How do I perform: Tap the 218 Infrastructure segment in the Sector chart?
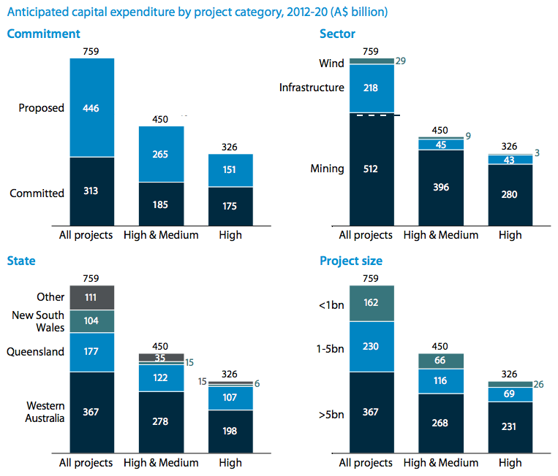tap(372, 88)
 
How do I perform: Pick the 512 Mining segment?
tap(372, 169)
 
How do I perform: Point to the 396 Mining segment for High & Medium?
tap(440, 187)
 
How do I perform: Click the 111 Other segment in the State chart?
tap(91, 297)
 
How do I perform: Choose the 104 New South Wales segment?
tap(91, 321)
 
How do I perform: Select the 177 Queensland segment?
tap(91, 352)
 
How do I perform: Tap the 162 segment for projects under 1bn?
tap(372, 303)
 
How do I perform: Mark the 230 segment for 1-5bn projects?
tap(372, 346)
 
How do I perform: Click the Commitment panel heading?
tap(43, 34)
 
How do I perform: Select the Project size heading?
tap(351, 261)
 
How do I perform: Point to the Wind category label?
tap(331, 64)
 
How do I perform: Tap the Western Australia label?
tap(45, 412)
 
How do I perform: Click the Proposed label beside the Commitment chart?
tap(42, 108)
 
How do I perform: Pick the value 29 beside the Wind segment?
tap(401, 61)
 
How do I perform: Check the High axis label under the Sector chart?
tap(510, 235)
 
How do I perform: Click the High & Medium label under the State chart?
tap(162, 463)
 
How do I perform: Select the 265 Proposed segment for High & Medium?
tap(162, 154)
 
